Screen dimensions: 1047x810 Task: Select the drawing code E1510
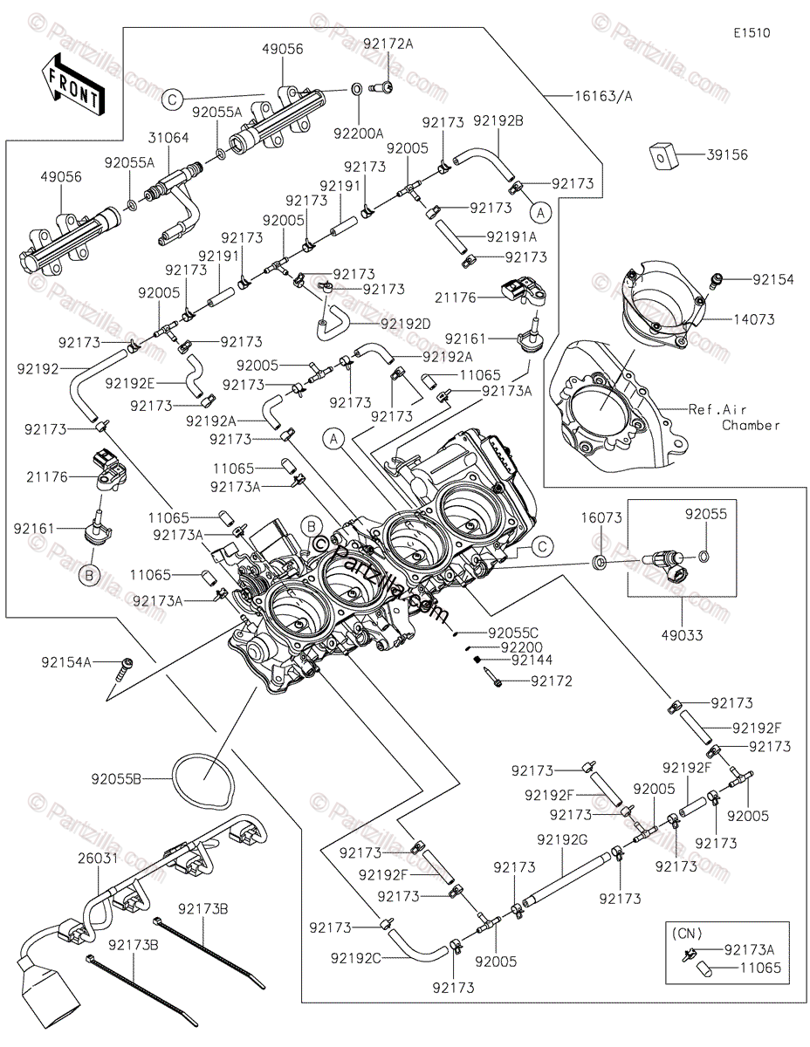tap(751, 33)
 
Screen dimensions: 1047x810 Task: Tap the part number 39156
tap(729, 154)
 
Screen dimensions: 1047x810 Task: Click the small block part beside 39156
tap(666, 154)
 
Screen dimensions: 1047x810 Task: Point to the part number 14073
tap(753, 320)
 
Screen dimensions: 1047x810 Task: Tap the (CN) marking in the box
tap(685, 932)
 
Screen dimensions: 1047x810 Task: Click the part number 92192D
tap(406, 323)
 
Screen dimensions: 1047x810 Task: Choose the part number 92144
tap(532, 660)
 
